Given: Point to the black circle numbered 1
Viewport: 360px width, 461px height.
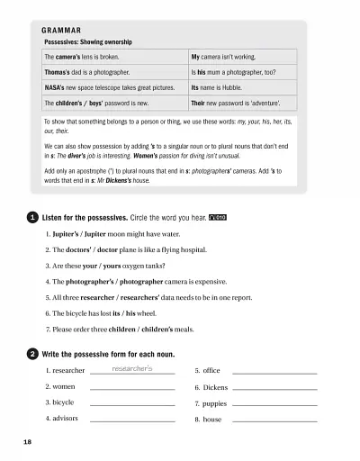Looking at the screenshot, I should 32,217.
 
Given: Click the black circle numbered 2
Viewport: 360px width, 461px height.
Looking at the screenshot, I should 32,352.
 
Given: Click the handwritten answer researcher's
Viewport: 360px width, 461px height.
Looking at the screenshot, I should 132,368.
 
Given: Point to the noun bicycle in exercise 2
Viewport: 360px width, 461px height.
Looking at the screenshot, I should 62,402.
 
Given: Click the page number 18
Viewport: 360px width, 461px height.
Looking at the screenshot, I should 28,443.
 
